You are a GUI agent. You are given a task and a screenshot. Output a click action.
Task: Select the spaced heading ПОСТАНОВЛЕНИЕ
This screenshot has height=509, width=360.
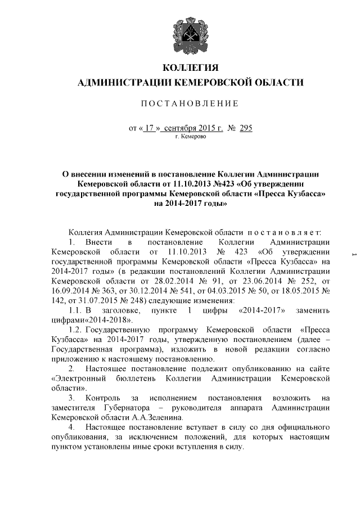[190, 103]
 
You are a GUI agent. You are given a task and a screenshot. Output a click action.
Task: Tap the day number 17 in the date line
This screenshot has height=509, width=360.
[149, 128]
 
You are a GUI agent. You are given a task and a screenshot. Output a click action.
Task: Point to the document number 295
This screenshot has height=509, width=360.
[246, 128]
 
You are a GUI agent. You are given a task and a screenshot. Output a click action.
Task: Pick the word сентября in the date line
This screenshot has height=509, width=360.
[183, 128]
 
